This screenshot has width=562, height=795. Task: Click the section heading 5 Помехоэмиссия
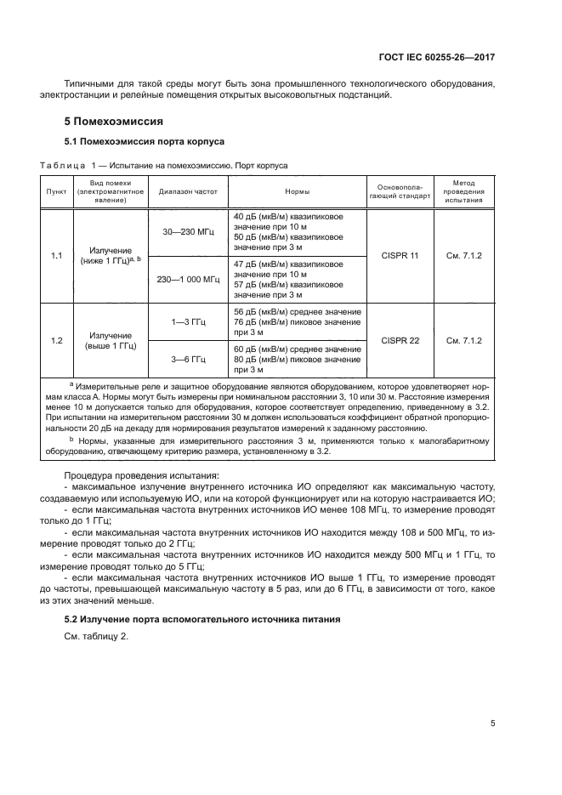(x=115, y=122)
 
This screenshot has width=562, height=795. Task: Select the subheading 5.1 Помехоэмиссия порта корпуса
(x=145, y=141)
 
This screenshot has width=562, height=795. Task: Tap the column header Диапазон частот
(x=189, y=192)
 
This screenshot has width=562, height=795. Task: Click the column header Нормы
(x=297, y=192)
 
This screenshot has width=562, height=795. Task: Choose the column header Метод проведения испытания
(x=463, y=192)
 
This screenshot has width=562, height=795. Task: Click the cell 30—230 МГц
(x=189, y=232)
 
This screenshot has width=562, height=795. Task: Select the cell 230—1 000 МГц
(x=189, y=278)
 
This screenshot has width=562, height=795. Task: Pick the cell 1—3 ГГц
(x=189, y=322)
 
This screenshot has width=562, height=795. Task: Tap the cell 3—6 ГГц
(x=189, y=359)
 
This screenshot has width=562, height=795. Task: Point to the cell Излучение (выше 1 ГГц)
(x=111, y=340)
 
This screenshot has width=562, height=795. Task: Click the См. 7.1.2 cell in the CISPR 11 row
(x=463, y=255)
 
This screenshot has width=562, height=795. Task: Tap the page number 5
(x=493, y=724)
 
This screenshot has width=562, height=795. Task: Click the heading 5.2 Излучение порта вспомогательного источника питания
(x=203, y=619)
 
